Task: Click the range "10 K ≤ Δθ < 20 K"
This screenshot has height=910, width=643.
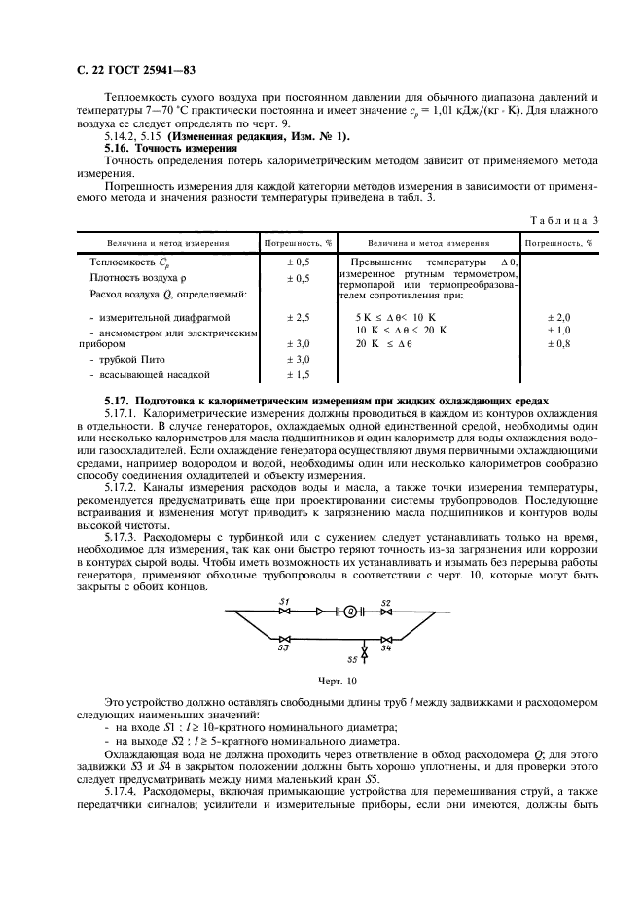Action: pos(401,331)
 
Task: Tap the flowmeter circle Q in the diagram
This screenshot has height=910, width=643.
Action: pos(350,612)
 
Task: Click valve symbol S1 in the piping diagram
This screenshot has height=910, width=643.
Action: pos(285,612)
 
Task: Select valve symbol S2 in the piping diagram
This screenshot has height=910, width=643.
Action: pos(386,612)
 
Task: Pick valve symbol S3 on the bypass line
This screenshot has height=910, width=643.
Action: pos(284,638)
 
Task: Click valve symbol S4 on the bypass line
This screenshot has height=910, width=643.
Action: pos(386,638)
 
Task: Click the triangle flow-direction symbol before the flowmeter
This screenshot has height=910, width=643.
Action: pos(320,612)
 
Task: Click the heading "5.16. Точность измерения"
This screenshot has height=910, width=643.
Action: pos(160,147)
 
